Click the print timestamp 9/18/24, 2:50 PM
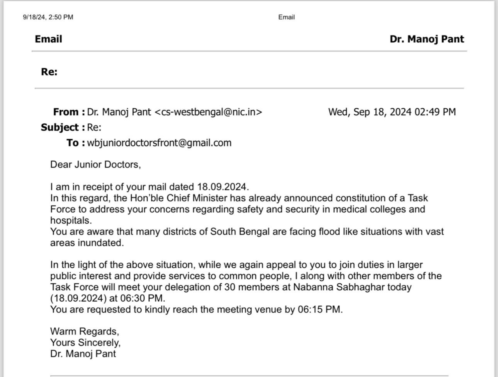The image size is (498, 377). pyautogui.click(x=48, y=17)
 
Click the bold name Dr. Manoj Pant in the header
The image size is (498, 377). pyautogui.click(x=427, y=39)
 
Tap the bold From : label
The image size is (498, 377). pyautogui.click(x=69, y=112)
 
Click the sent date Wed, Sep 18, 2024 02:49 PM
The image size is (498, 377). pyautogui.click(x=392, y=112)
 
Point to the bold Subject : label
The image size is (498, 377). pyautogui.click(x=63, y=127)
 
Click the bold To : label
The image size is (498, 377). pyautogui.click(x=75, y=143)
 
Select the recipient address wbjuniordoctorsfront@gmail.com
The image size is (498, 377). pyautogui.click(x=159, y=143)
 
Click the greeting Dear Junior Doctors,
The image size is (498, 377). pyautogui.click(x=95, y=164)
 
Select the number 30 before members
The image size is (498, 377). pyautogui.click(x=230, y=287)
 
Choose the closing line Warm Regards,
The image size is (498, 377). pyautogui.click(x=84, y=331)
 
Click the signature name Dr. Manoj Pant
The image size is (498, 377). pyautogui.click(x=83, y=354)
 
